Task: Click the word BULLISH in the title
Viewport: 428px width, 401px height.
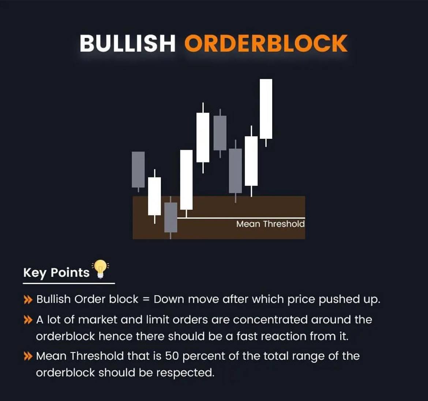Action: (x=127, y=43)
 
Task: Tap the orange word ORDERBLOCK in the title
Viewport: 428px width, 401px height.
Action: (x=266, y=43)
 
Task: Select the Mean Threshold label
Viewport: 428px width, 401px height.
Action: (x=270, y=224)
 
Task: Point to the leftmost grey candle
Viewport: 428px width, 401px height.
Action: (x=138, y=169)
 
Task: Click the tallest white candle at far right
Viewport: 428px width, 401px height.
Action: (x=266, y=109)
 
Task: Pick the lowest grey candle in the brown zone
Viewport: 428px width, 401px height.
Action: (x=170, y=217)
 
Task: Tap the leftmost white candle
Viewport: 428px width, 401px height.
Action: (x=154, y=196)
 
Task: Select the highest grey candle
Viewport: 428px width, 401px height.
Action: (x=220, y=133)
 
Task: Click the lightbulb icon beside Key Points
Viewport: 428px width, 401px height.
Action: (x=100, y=269)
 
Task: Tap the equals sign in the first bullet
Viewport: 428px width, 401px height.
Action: (x=146, y=299)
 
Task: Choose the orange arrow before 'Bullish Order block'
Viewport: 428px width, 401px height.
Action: (x=28, y=300)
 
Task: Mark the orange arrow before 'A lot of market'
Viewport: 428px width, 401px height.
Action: (x=28, y=320)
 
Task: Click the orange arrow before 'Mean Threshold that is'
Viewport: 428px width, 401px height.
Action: (x=28, y=356)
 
